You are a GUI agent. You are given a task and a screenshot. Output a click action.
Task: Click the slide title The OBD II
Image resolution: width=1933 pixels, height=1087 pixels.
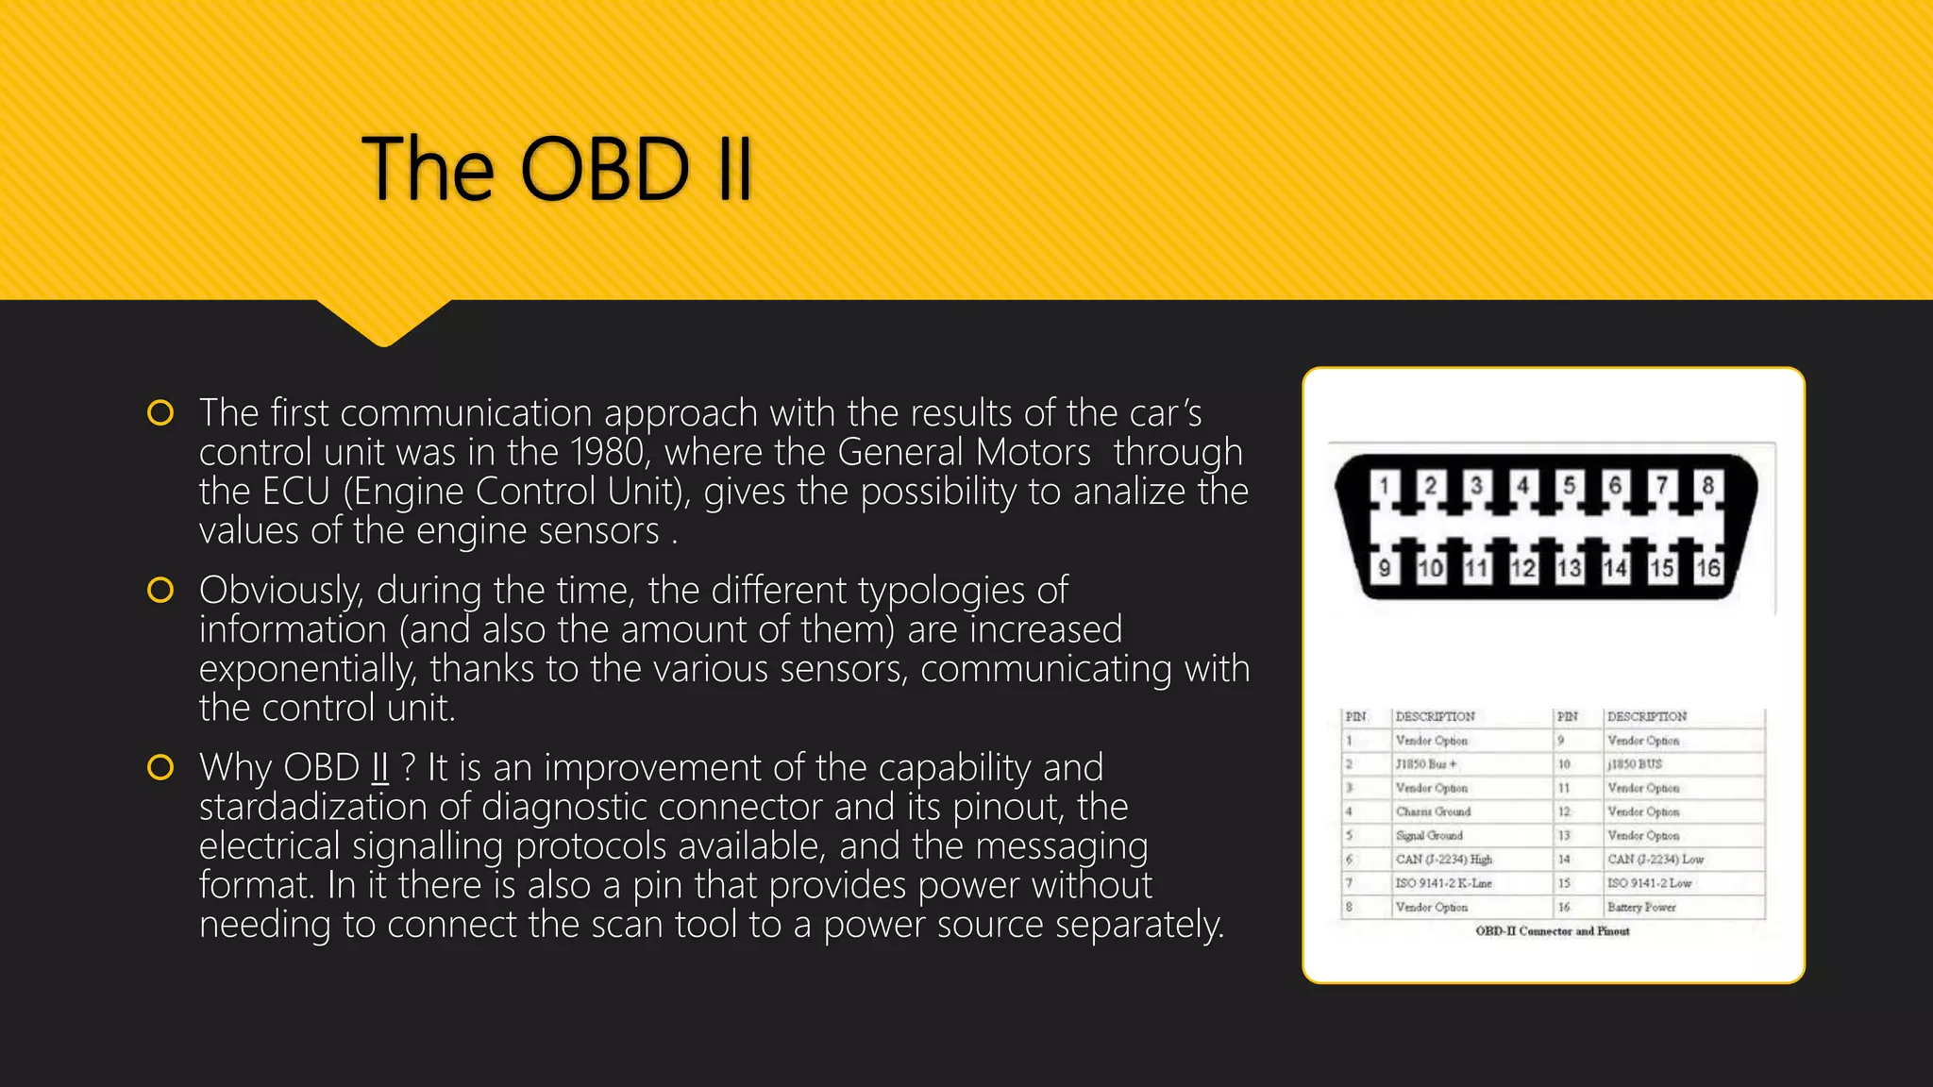pos(557,170)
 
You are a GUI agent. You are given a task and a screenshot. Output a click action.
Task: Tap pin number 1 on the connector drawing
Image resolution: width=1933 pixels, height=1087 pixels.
pos(1384,486)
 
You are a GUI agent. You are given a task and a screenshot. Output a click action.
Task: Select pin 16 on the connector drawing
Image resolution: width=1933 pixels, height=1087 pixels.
pos(1708,568)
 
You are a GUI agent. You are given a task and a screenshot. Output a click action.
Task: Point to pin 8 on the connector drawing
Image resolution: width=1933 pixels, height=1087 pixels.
pos(1708,486)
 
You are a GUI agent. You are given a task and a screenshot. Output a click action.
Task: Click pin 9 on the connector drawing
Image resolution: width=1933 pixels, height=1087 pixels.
pos(1384,568)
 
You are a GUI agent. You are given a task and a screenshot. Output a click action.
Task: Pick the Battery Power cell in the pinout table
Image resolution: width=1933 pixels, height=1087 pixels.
pos(1641,907)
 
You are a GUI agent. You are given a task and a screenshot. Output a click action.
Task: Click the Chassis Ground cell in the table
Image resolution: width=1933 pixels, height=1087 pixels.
pos(1433,811)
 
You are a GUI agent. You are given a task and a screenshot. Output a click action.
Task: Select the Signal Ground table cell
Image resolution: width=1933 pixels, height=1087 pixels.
pos(1429,835)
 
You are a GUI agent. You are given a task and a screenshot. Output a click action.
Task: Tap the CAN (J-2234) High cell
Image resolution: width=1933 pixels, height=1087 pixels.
pos(1443,859)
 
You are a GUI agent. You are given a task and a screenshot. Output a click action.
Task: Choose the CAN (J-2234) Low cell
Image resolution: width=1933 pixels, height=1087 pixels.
pos(1656,859)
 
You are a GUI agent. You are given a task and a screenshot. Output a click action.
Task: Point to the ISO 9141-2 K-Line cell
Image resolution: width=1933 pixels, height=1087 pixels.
pos(1443,883)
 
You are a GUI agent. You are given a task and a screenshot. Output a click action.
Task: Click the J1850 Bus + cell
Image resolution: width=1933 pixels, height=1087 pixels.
pos(1425,763)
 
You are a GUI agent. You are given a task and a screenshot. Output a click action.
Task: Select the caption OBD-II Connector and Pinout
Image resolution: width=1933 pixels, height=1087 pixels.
pos(1552,931)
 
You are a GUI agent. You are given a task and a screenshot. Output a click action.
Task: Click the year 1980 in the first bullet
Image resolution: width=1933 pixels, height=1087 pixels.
pos(608,453)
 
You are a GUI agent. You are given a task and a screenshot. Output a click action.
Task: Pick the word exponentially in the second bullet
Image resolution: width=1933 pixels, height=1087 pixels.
pos(307,669)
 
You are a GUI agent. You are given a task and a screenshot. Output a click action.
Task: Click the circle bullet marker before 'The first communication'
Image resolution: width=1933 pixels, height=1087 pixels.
pos(160,413)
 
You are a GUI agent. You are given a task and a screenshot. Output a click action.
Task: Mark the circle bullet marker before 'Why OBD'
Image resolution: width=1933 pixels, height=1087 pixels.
pos(160,767)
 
